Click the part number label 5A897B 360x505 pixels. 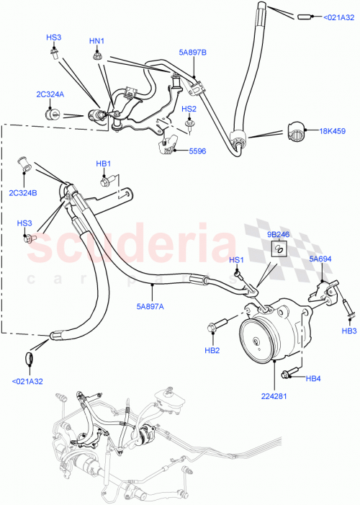(192, 52)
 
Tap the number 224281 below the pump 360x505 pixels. (277, 396)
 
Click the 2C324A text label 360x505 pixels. (52, 94)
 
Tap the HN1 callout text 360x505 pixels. (96, 41)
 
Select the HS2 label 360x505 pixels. (189, 110)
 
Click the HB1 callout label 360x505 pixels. (104, 164)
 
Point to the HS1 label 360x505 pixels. (236, 260)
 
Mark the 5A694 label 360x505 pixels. (320, 259)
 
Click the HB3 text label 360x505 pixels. (349, 331)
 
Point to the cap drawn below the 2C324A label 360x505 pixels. (52, 113)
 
